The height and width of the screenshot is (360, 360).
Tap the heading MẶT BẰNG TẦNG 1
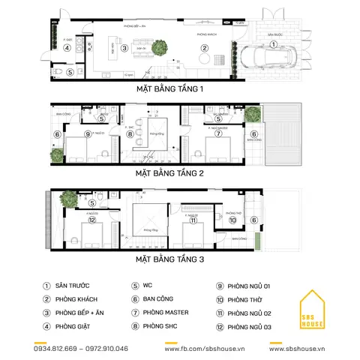click(170, 89)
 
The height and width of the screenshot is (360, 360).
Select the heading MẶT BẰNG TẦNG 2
click(170, 172)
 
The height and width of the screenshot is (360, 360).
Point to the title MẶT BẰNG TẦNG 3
click(170, 259)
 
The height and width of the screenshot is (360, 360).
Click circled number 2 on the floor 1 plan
click(203, 48)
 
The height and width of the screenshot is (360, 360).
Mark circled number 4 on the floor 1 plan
click(67, 47)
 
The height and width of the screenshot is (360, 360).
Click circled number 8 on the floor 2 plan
click(130, 135)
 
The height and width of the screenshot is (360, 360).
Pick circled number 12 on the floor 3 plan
click(91, 220)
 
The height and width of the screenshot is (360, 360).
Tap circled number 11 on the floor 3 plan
click(193, 220)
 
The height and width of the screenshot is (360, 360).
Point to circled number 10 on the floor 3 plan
click(232, 220)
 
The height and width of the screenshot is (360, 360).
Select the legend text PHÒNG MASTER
click(166, 311)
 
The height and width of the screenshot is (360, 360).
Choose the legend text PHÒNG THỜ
click(253, 298)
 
